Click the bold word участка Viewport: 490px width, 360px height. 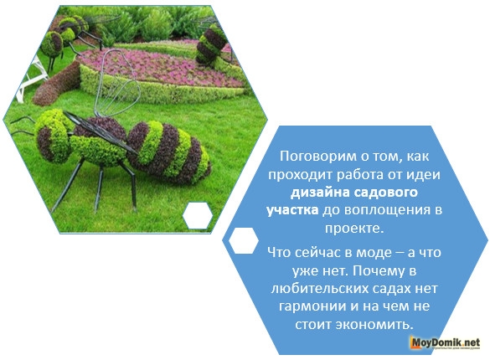[292, 208]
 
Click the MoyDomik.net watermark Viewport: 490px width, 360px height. [443, 342]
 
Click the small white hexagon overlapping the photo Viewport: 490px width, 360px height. [199, 214]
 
